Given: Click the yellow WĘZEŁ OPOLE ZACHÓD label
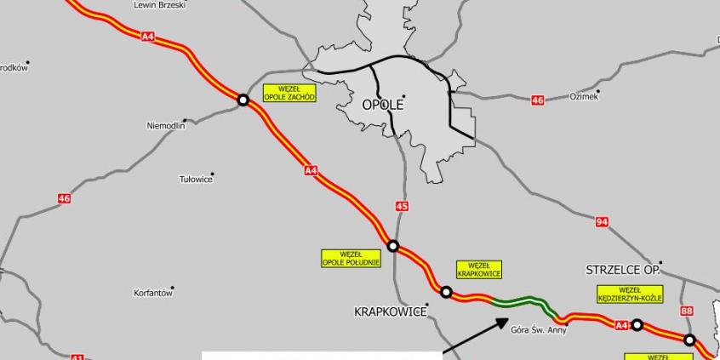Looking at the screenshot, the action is [290, 94].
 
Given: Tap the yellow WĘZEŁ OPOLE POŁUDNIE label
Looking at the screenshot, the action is [351, 258].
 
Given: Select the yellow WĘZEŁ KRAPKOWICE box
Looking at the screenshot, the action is [479, 270].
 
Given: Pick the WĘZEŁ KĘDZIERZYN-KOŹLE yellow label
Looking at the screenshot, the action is [630, 294].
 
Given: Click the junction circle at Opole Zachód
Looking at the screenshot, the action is [243, 100].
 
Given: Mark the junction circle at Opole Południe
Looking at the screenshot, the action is [393, 246].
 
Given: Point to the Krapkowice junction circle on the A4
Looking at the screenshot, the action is [446, 292].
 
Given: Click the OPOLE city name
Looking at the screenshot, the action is [382, 105].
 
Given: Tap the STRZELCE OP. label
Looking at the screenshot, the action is [623, 270].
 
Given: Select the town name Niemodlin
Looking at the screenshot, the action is [165, 126].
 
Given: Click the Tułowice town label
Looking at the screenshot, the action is [195, 179].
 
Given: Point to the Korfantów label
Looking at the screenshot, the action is [153, 293].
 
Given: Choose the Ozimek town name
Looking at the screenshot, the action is [584, 97].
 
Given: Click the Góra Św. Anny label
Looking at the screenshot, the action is [539, 329].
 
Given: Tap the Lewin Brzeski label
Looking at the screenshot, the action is [160, 5].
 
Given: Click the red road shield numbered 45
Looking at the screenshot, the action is [403, 206].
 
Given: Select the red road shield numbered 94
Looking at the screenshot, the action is [603, 222].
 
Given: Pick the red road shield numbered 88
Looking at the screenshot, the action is [688, 311].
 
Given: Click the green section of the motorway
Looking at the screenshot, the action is [519, 300].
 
